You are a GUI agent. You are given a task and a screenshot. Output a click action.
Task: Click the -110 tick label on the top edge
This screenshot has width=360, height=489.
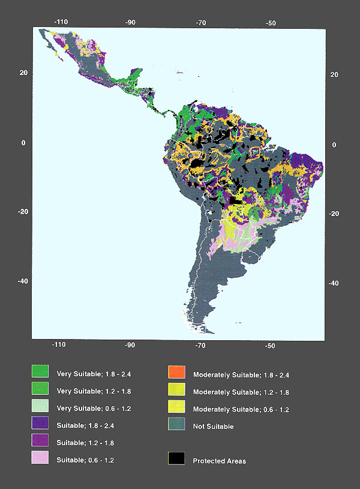click(x=61, y=22)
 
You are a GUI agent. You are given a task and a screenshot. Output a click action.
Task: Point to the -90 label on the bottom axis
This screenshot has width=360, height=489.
click(x=130, y=346)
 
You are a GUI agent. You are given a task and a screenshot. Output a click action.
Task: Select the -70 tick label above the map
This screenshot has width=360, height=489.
click(x=201, y=22)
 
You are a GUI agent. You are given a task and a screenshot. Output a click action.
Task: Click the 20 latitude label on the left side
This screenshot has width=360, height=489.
click(x=23, y=73)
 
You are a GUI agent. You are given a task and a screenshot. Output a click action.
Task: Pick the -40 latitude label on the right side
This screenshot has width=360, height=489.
click(x=335, y=283)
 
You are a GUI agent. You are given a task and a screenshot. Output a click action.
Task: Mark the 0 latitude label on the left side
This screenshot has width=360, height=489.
click(x=23, y=143)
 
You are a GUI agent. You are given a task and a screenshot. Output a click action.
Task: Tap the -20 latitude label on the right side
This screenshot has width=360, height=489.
click(x=335, y=214)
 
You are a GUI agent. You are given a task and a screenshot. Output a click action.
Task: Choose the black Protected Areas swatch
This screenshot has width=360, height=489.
click(x=176, y=459)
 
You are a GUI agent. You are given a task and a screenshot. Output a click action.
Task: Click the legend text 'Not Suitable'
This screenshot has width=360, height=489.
click(x=213, y=427)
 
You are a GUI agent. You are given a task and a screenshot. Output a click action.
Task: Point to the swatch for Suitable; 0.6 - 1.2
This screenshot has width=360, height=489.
click(x=40, y=459)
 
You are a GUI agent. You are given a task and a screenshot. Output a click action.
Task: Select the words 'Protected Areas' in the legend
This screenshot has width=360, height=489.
click(x=219, y=461)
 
